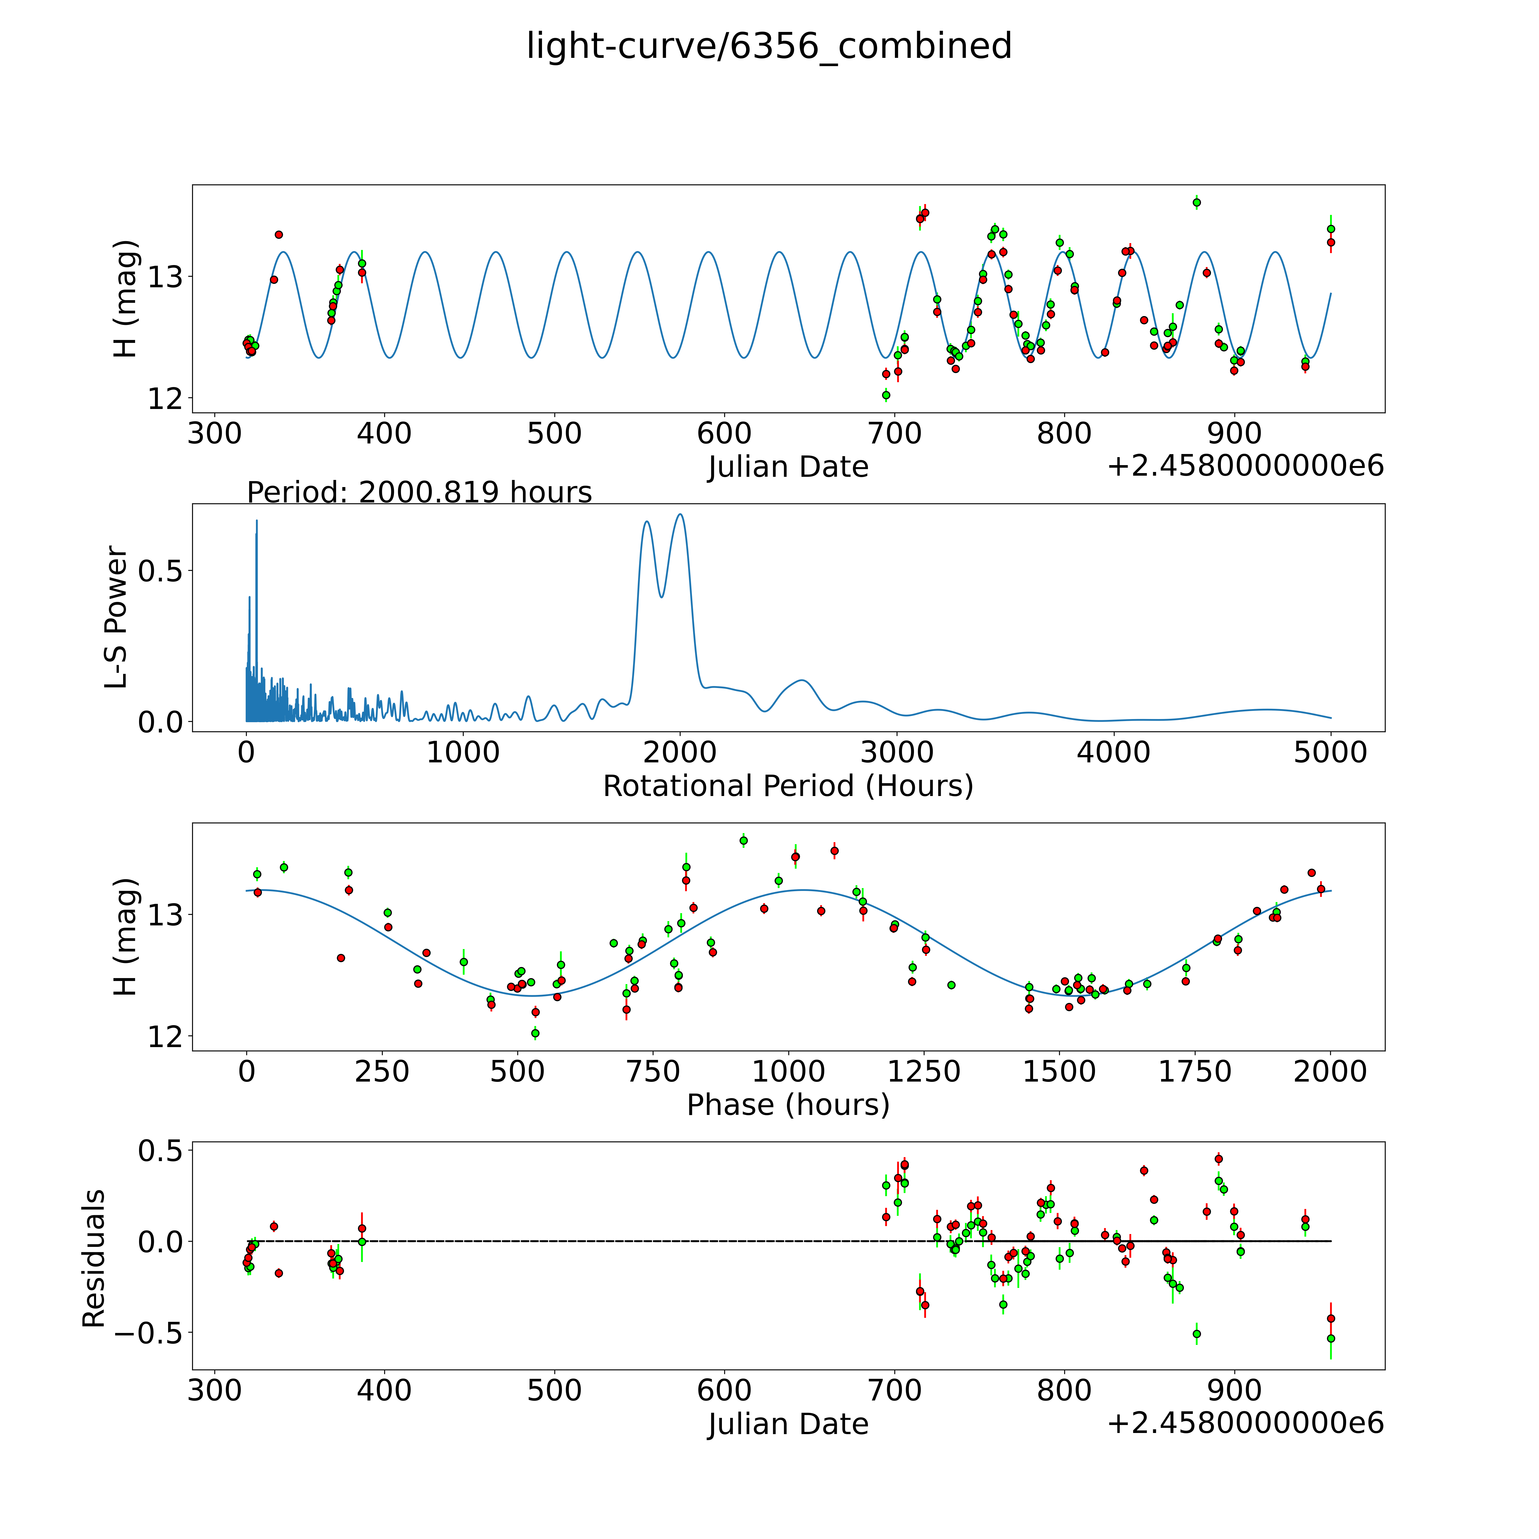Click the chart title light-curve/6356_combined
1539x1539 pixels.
click(x=769, y=46)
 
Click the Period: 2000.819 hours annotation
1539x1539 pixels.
click(x=419, y=492)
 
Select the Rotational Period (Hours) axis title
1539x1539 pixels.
click(x=788, y=786)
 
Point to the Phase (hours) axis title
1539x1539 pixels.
click(x=788, y=1105)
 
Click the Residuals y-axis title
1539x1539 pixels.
click(x=94, y=1259)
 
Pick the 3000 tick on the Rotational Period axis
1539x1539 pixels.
click(x=897, y=752)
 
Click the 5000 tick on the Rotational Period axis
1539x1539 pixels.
click(x=1330, y=752)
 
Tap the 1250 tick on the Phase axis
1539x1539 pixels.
click(x=924, y=1071)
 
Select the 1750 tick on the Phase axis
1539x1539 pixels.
click(x=1195, y=1071)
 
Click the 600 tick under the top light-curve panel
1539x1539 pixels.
click(x=724, y=433)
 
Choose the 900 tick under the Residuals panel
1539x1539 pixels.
click(x=1235, y=1390)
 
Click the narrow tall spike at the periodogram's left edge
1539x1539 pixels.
click(x=256, y=521)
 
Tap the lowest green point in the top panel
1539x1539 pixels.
click(x=886, y=395)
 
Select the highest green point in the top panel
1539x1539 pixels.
click(x=1196, y=202)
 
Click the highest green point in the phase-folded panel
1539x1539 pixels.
click(x=743, y=840)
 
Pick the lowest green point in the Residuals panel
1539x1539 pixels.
click(x=1330, y=1338)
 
